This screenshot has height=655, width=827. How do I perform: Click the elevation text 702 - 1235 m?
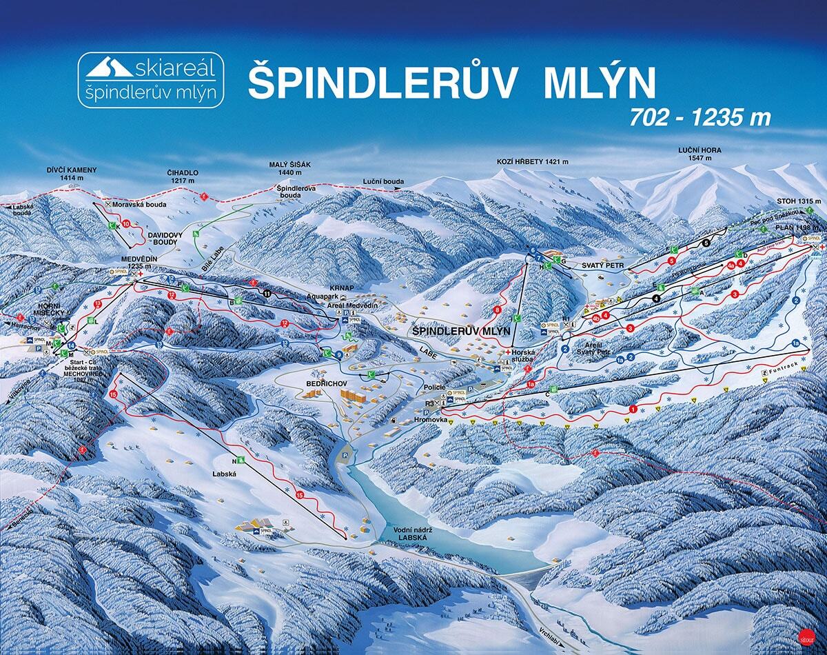tap(700, 118)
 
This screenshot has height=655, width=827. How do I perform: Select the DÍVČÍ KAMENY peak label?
tap(72, 173)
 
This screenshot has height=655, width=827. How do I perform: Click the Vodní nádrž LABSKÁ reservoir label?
tap(409, 534)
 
